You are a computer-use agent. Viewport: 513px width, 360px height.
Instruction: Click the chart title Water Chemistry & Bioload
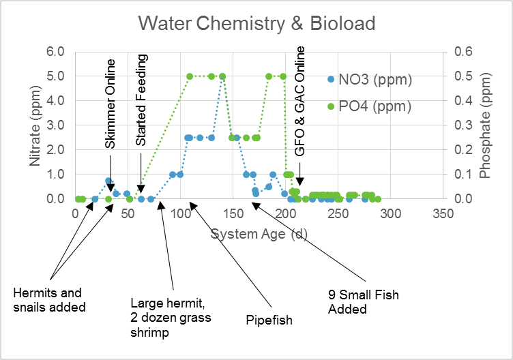click(x=256, y=24)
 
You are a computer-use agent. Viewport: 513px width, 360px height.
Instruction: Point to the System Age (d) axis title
click(x=259, y=234)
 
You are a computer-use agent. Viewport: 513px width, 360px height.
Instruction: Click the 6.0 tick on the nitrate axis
click(x=55, y=52)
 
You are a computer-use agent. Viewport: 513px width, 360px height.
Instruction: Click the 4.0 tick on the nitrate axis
click(x=55, y=101)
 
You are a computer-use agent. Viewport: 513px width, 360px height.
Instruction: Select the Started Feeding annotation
click(x=141, y=100)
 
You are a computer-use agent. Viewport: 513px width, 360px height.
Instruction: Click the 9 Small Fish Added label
click(x=364, y=302)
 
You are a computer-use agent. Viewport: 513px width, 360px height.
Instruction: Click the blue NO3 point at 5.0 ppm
click(x=222, y=76)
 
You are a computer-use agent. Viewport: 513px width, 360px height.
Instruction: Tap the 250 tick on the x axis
click(x=338, y=214)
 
